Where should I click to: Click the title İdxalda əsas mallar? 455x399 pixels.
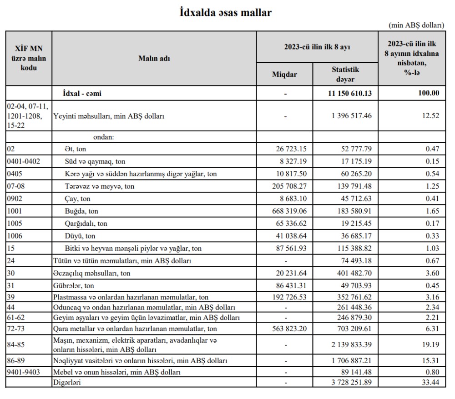[226, 13]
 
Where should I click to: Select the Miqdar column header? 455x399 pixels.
[284, 75]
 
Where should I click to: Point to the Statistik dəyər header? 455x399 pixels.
[345, 74]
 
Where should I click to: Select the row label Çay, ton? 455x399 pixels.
[78, 199]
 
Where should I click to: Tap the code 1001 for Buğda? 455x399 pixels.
[15, 211]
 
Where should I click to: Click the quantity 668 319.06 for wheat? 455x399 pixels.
[285, 211]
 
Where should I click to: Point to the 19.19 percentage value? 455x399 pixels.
[430, 344]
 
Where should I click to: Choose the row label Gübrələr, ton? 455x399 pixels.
[74, 286]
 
